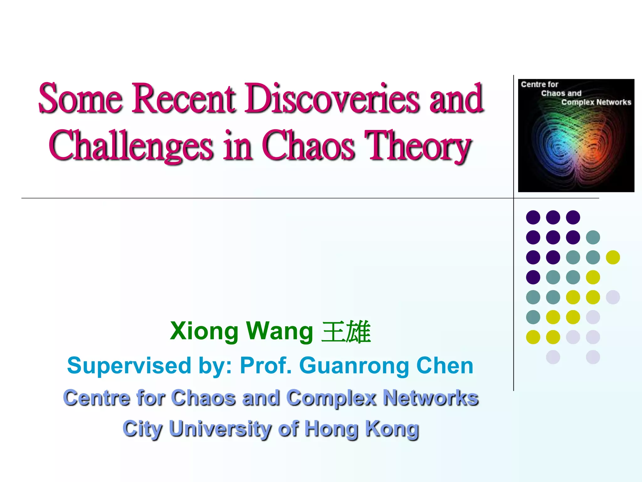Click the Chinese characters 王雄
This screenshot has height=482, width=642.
[x=346, y=332]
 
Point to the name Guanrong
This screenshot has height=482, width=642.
[x=354, y=366]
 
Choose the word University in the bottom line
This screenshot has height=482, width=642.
[x=220, y=429]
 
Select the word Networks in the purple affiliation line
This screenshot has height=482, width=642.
[x=431, y=398]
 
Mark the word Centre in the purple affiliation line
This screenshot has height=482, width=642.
[x=97, y=398]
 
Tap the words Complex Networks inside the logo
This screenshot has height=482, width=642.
[x=596, y=102]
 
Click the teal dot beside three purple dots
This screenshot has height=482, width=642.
[x=593, y=237]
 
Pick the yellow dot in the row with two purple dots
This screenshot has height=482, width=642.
[x=613, y=257]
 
